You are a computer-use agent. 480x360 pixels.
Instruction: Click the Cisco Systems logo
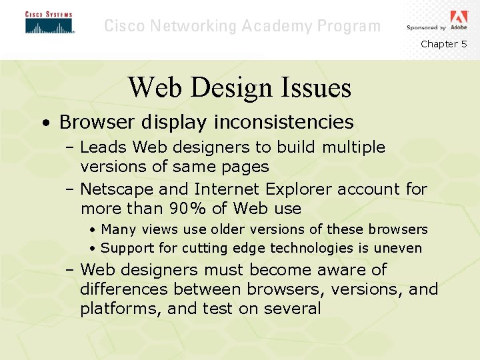click(49, 23)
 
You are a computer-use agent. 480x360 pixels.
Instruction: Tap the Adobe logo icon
click(459, 17)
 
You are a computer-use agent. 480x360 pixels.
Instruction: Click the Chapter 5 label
click(444, 44)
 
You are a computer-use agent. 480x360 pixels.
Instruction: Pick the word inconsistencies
click(283, 122)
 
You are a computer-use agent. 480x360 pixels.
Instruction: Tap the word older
click(228, 229)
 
